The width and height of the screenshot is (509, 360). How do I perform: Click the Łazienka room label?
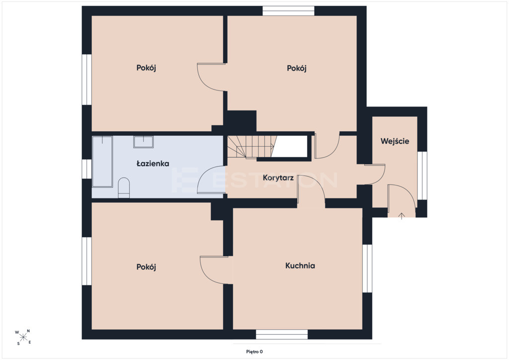tap(153, 163)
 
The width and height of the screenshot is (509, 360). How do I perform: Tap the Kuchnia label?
tap(300, 266)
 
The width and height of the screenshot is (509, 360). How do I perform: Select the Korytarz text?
tap(278, 178)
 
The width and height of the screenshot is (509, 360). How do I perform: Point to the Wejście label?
tap(395, 141)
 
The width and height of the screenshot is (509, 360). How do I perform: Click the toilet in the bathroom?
tap(124, 187)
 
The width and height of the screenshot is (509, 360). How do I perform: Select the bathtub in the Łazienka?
tap(102, 162)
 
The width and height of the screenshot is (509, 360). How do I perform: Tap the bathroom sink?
tap(143, 142)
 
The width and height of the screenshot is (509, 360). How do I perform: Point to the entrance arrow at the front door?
tap(402, 216)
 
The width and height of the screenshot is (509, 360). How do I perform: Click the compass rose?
tap(23, 337)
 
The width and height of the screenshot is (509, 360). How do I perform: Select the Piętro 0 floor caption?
tap(254, 352)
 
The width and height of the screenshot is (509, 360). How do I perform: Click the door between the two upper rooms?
tap(211, 77)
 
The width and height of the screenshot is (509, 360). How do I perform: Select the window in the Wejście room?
tap(422, 176)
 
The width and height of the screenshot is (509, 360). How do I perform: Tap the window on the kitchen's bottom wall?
tap(282, 335)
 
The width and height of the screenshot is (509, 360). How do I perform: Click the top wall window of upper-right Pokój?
tap(288, 11)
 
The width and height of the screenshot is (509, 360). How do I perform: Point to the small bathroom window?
tap(86, 169)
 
